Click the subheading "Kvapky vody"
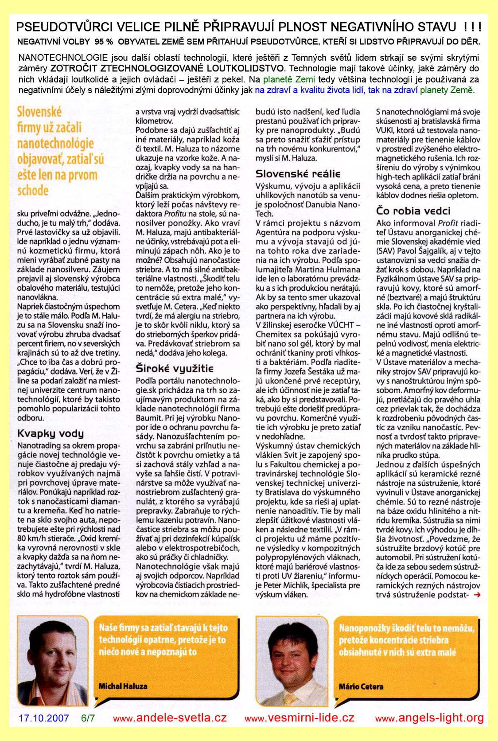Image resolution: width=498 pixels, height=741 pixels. click(50, 433)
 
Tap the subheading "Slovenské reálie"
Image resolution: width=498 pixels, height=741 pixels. click(298, 173)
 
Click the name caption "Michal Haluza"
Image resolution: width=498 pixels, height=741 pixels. click(123, 686)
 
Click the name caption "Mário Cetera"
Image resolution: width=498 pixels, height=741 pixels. click(361, 686)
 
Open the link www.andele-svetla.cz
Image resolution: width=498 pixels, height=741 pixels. click(170, 718)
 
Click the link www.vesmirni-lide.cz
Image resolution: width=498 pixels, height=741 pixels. click(300, 718)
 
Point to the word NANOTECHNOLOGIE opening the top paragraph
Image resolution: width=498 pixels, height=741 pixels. click(57, 58)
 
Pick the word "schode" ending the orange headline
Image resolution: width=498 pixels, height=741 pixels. click(33, 191)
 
